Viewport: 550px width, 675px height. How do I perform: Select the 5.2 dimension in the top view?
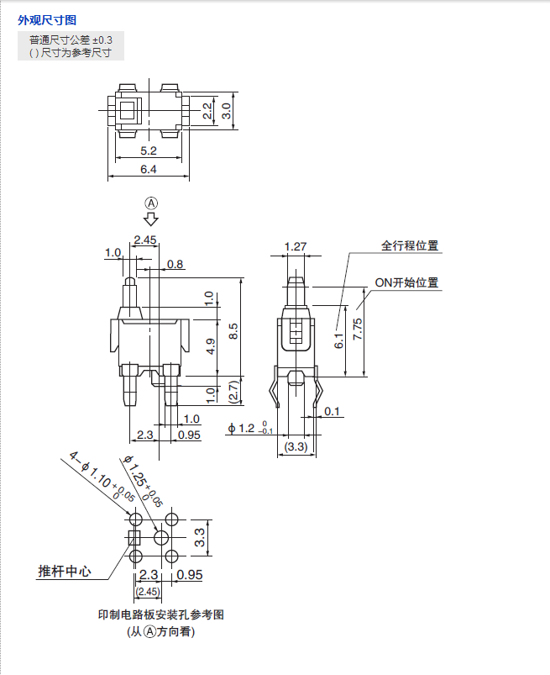(x=149, y=151)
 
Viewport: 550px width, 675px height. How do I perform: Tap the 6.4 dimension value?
(x=149, y=170)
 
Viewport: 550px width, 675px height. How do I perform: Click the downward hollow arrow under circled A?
(x=151, y=219)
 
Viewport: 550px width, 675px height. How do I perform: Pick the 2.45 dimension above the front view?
(x=145, y=240)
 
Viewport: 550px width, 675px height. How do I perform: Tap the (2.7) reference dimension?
(x=233, y=391)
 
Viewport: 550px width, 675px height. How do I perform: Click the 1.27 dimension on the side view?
(x=296, y=246)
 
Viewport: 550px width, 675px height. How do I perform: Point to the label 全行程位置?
(x=410, y=246)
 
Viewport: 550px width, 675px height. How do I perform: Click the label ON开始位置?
(x=406, y=283)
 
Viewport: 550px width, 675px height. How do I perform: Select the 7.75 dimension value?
(x=358, y=330)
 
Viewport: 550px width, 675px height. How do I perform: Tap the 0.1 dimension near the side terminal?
(x=333, y=411)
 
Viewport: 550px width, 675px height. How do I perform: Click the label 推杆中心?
(x=64, y=572)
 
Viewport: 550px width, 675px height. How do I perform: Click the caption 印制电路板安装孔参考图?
(x=161, y=614)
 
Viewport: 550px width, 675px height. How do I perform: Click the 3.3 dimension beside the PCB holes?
(x=201, y=537)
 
